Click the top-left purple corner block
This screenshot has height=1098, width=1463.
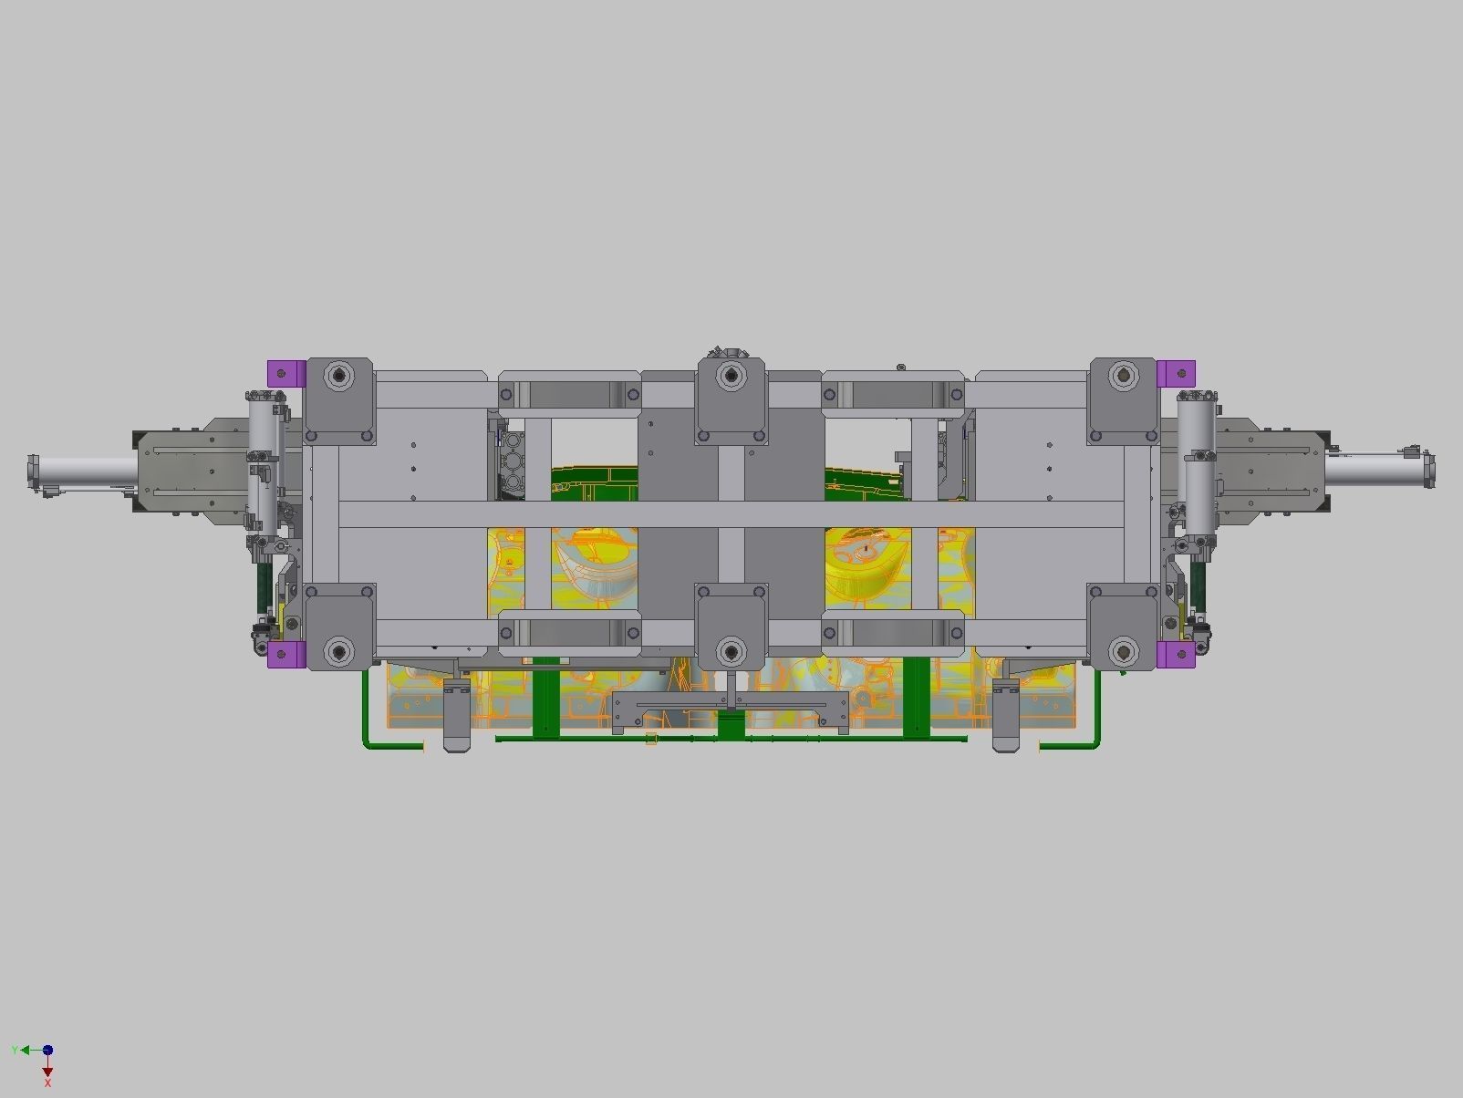(285, 373)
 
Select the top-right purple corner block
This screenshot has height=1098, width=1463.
(1176, 373)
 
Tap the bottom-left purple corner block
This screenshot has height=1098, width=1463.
(285, 654)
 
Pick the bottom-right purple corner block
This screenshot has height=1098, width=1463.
(1175, 654)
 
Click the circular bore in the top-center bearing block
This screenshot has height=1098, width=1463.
(730, 375)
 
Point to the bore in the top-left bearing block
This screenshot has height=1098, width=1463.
(340, 375)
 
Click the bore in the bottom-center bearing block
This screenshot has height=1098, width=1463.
(731, 651)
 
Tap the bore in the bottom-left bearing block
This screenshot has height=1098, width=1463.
(340, 651)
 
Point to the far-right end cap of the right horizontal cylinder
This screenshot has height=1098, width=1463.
(1428, 471)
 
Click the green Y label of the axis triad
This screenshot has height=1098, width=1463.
(15, 1051)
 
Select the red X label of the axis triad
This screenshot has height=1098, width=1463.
(47, 1083)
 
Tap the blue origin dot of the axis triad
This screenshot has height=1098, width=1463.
(47, 1051)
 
